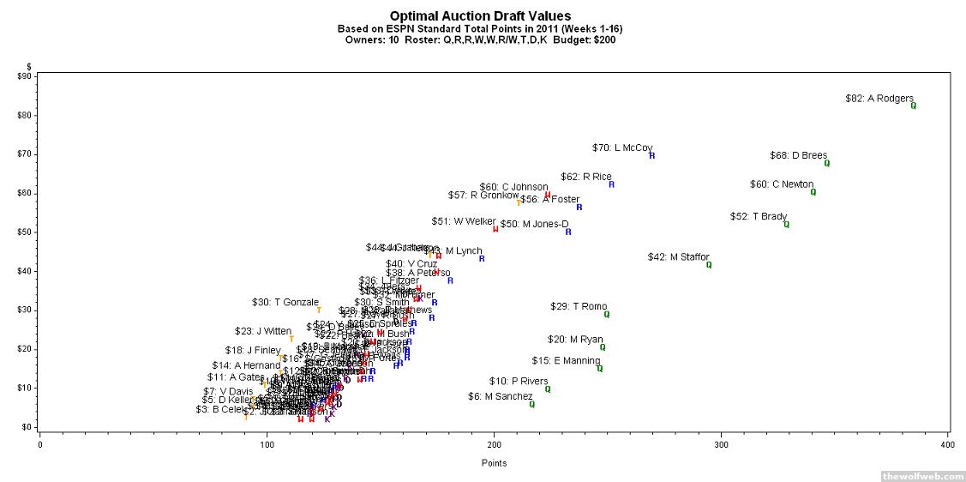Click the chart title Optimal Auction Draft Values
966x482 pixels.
pos(480,15)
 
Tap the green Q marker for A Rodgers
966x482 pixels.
pos(914,105)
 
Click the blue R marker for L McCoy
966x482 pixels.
pos(652,155)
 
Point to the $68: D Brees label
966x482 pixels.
pos(798,155)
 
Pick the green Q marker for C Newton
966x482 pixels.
pos(813,192)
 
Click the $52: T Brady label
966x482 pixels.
pos(758,217)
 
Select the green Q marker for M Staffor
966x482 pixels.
pos(709,265)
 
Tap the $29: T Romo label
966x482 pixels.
pos(578,306)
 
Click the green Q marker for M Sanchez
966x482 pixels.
pos(532,404)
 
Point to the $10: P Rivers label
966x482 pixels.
pos(518,381)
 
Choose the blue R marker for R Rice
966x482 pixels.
pos(612,184)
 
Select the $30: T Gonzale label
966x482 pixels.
pos(285,302)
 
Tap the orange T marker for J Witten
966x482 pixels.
pos(291,339)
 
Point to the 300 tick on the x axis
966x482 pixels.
pos(722,443)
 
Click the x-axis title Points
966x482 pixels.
pos(493,463)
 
